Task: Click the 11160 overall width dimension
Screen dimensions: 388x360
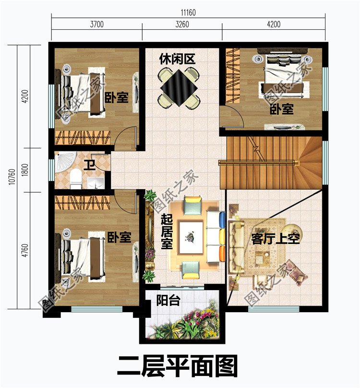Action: point(188,12)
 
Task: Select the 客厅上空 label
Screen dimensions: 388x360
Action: point(276,239)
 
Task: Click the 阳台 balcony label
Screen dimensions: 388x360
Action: point(168,301)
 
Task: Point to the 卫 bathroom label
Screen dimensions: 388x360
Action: point(90,166)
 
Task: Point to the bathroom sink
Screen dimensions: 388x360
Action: point(96,182)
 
